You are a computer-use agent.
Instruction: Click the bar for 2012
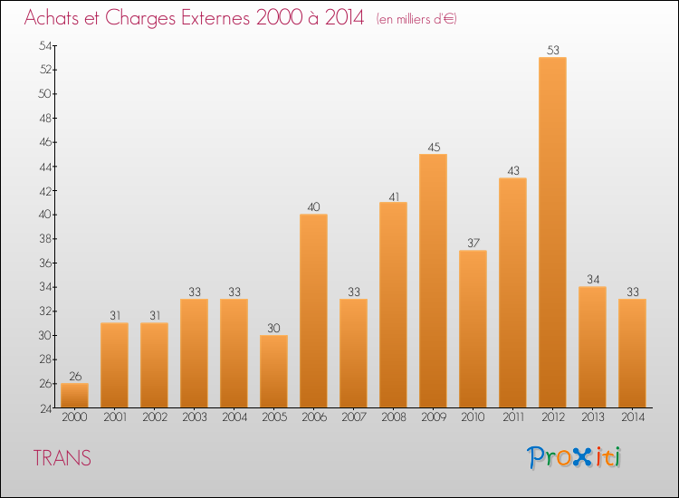(x=552, y=233)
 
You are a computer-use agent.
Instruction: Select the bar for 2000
(x=74, y=396)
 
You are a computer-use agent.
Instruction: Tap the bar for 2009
(x=433, y=281)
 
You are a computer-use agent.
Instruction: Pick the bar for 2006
(x=313, y=311)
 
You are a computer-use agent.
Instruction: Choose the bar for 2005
(x=273, y=371)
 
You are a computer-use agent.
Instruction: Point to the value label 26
(x=74, y=377)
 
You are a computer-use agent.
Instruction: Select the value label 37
(x=473, y=244)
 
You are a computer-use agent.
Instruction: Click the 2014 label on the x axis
(x=632, y=417)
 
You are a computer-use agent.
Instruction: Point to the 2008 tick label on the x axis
(x=393, y=417)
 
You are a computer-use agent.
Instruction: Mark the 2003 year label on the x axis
(x=194, y=417)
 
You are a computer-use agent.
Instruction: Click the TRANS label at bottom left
(x=62, y=458)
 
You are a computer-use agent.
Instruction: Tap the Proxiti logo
(x=574, y=457)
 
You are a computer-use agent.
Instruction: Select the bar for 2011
(x=512, y=292)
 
